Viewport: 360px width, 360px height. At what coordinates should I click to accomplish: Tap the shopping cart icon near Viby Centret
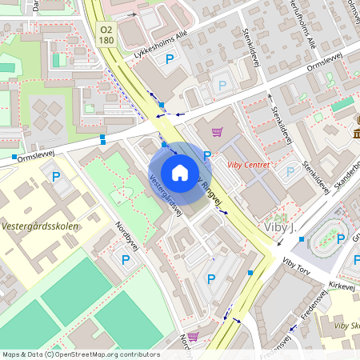pyautogui.click(x=216, y=132)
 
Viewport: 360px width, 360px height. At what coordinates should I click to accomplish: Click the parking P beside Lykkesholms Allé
pyautogui.click(x=169, y=59)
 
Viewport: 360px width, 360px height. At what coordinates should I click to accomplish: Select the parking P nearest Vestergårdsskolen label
pyautogui.click(x=56, y=177)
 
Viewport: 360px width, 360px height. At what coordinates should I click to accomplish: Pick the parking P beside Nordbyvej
pyautogui.click(x=125, y=259)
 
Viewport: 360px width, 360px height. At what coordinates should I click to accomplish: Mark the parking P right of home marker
pyautogui.click(x=207, y=156)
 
